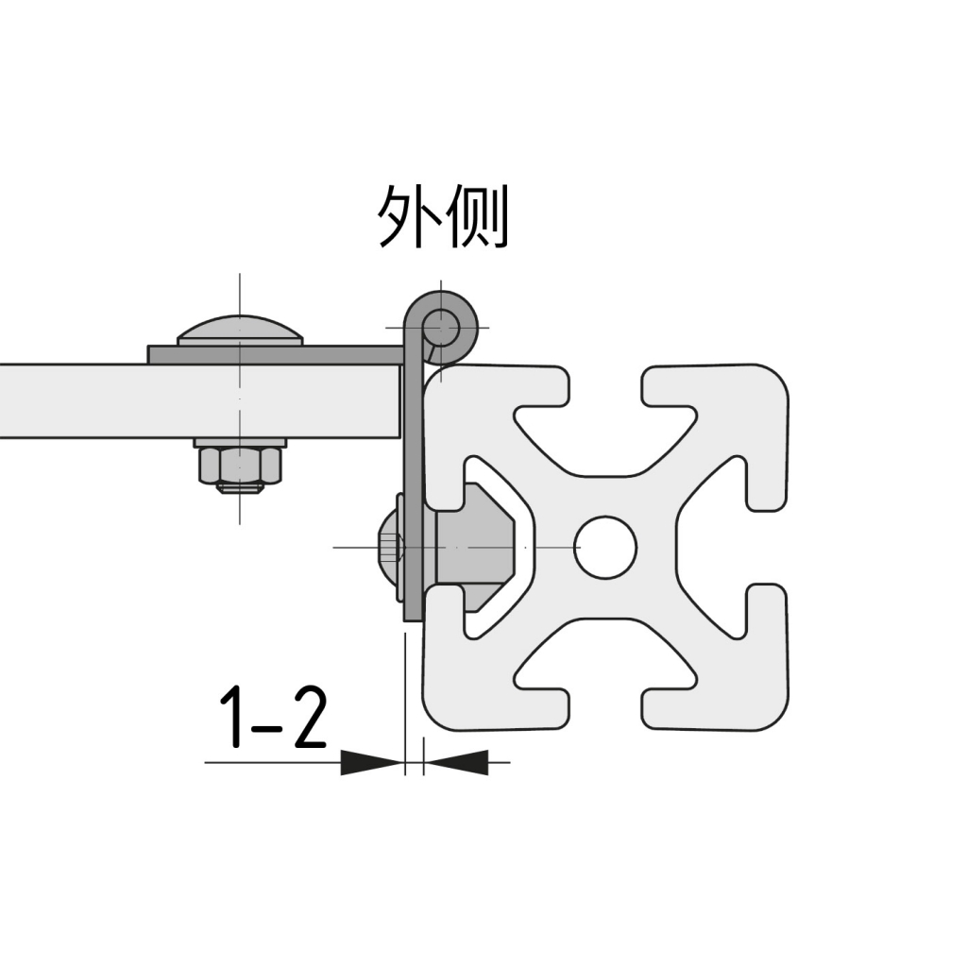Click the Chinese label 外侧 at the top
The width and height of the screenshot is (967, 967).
(443, 216)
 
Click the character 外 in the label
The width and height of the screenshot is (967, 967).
(408, 216)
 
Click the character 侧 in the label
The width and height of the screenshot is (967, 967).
(476, 216)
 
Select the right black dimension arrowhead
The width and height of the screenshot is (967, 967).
(456, 761)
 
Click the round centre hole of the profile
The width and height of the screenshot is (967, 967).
(605, 547)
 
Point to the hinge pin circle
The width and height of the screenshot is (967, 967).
(442, 328)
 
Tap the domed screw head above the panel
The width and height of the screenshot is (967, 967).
(240, 330)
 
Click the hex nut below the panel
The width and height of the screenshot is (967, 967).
(240, 465)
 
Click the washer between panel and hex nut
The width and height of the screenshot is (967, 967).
(240, 442)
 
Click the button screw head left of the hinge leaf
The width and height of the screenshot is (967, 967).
(388, 547)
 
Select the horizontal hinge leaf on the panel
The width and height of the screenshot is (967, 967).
(274, 354)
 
